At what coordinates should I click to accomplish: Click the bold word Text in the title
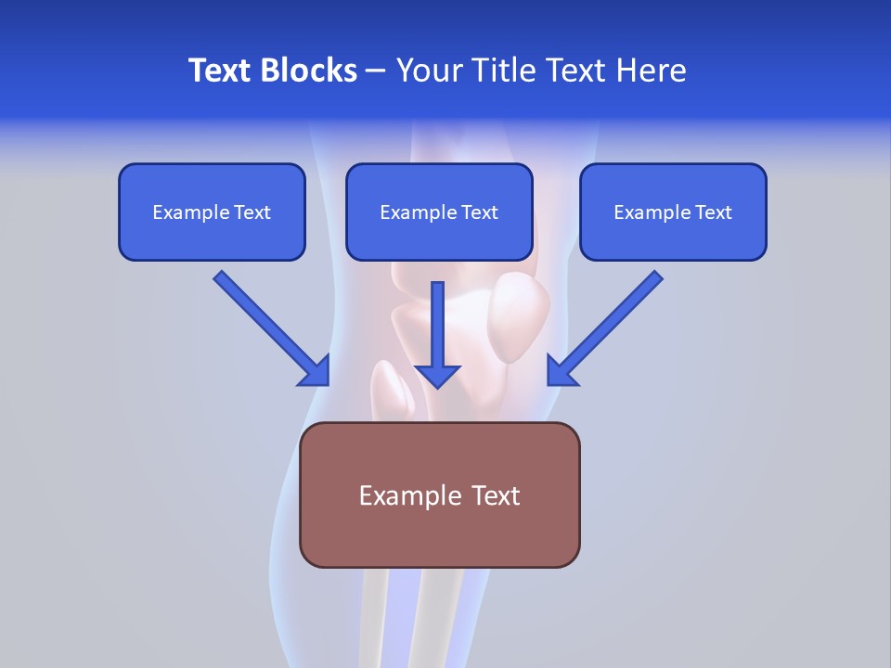point(220,71)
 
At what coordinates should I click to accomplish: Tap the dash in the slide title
point(376,71)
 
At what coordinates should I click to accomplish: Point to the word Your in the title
point(428,71)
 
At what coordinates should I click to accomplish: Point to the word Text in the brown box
point(494,495)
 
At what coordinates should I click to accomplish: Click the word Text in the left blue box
point(252,212)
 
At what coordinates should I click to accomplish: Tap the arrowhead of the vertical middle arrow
point(437,376)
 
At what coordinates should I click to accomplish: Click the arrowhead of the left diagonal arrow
point(316,372)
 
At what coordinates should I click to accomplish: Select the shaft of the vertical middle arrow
point(437,320)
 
